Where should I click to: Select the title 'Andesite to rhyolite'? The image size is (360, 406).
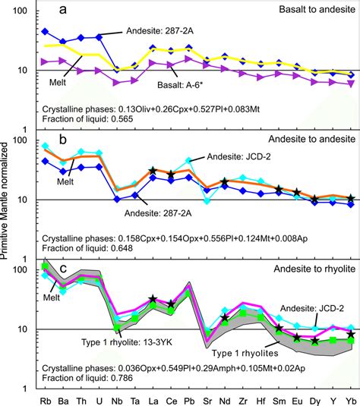pyautogui.click(x=308, y=269)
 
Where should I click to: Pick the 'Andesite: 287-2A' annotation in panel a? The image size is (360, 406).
pyautogui.click(x=159, y=31)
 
